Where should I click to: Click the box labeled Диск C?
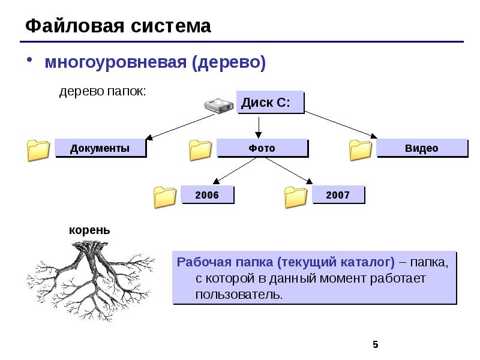(x=269, y=103)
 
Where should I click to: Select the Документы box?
(x=100, y=148)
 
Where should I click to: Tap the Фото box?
(x=262, y=148)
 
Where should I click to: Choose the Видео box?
(x=421, y=148)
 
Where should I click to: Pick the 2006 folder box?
(x=208, y=195)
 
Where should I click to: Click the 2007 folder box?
(x=338, y=195)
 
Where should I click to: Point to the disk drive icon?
(x=218, y=106)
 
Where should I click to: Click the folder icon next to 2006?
(x=164, y=197)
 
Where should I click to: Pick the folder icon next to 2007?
(x=295, y=197)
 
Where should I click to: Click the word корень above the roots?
(x=89, y=230)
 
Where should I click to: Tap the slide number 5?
(x=376, y=344)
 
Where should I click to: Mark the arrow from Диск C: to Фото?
(x=259, y=125)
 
